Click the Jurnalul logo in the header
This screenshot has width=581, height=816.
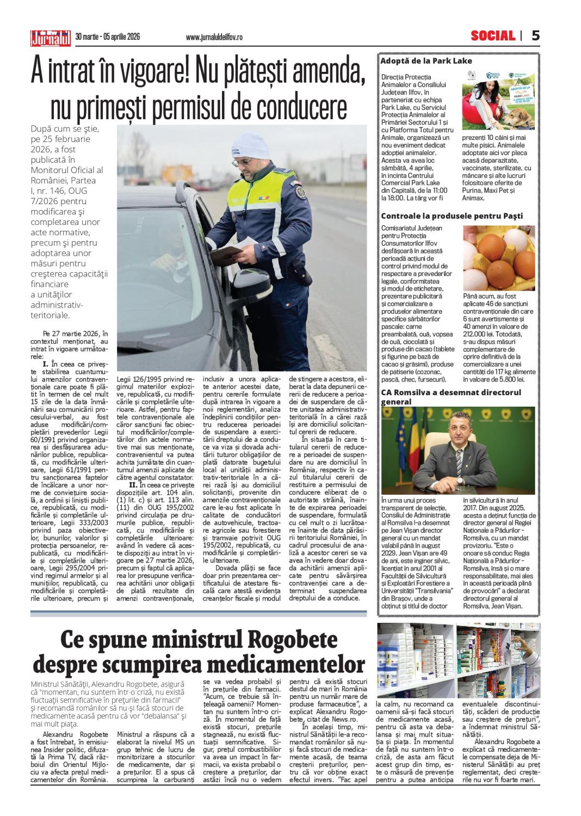[x=51, y=38]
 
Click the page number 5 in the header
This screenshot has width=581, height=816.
[x=535, y=36]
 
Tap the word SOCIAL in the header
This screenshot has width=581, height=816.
[x=492, y=36]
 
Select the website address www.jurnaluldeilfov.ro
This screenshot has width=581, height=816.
[x=214, y=37]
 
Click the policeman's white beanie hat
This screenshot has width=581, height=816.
[x=250, y=145]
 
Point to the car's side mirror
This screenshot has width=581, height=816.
[x=250, y=283]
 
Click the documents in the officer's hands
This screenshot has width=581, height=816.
[x=228, y=251]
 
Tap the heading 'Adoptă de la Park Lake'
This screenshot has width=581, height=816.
[x=426, y=61]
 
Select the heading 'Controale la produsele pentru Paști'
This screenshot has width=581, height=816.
[x=452, y=216]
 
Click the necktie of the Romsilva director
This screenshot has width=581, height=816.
[x=459, y=462]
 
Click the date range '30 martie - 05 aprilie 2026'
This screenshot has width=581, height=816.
[x=107, y=36]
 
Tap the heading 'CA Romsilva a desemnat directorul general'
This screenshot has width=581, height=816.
[x=450, y=397]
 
